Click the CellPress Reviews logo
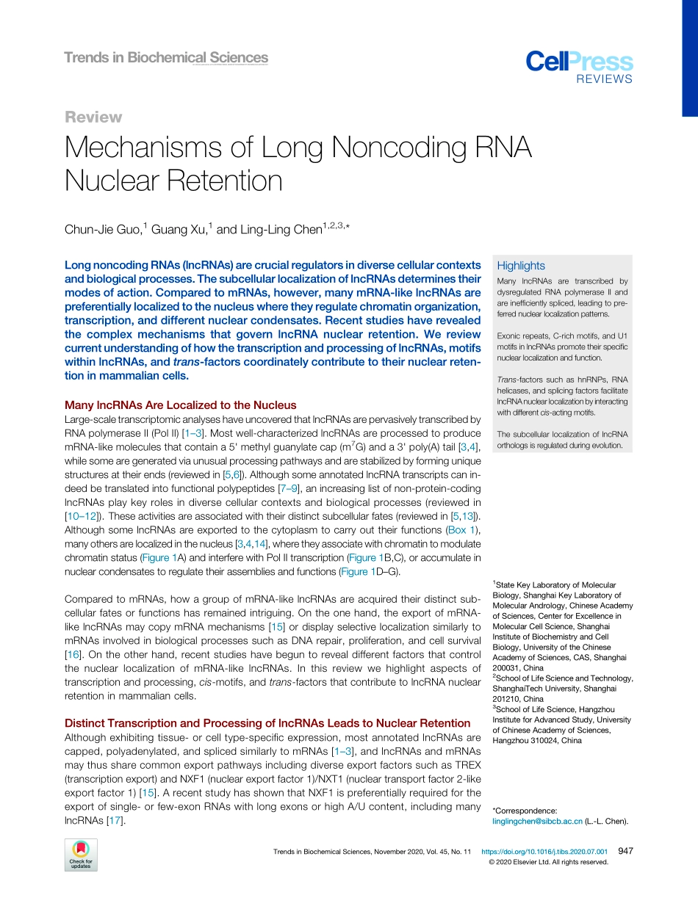pyautogui.click(x=579, y=68)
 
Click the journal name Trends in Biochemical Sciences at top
pyautogui.click(x=166, y=57)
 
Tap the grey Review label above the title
pyautogui.click(x=93, y=117)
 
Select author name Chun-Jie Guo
pyautogui.click(x=101, y=230)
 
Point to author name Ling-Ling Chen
pyautogui.click(x=281, y=230)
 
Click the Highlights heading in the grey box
pyautogui.click(x=521, y=266)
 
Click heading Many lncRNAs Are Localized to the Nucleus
pyautogui.click(x=181, y=405)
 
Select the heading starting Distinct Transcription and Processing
pyautogui.click(x=267, y=723)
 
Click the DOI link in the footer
pyautogui.click(x=544, y=852)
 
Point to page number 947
pyautogui.click(x=625, y=852)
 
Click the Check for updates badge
pyautogui.click(x=81, y=855)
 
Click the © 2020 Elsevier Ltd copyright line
pyautogui.click(x=548, y=862)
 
